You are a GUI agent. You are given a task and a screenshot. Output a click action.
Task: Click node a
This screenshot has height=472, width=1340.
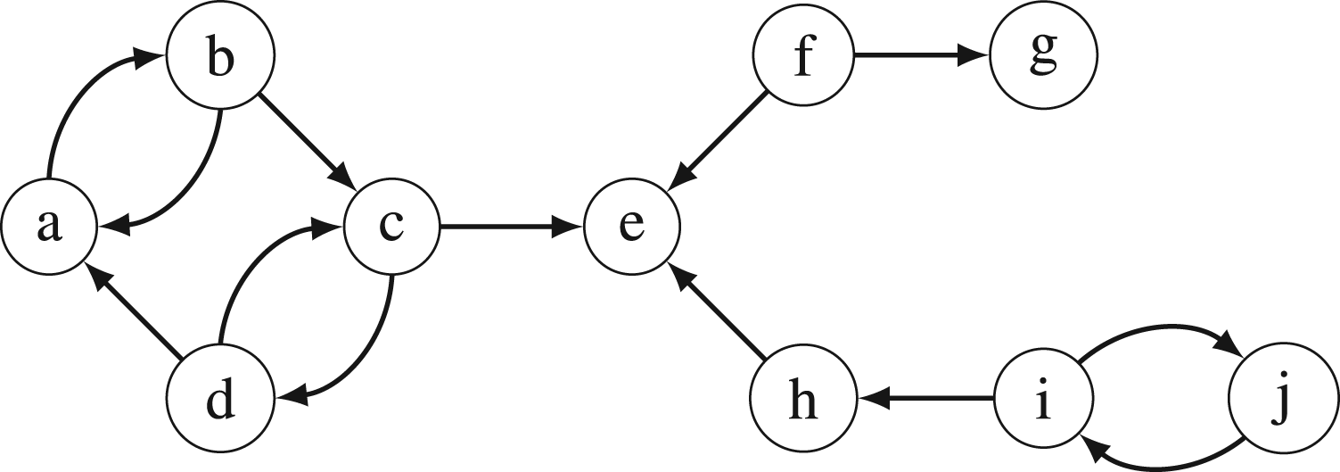[49, 227]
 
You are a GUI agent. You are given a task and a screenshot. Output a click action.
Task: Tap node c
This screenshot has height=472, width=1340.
[391, 227]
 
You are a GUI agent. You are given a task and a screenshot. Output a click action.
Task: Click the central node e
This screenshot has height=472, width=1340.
[632, 227]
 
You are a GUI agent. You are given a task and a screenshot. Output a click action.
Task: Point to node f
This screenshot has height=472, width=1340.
[802, 55]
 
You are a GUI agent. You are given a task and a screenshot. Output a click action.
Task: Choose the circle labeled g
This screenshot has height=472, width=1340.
[1044, 55]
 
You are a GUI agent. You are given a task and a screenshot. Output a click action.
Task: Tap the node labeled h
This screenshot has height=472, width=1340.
[802, 398]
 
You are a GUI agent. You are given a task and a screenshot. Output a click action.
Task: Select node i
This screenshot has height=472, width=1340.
[1044, 398]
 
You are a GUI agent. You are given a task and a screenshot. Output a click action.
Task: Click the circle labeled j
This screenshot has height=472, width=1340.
[1283, 398]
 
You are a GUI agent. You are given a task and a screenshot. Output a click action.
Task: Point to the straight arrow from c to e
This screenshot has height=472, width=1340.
[512, 227]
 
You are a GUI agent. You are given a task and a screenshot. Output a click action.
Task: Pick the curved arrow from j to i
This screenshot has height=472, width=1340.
[1166, 468]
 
